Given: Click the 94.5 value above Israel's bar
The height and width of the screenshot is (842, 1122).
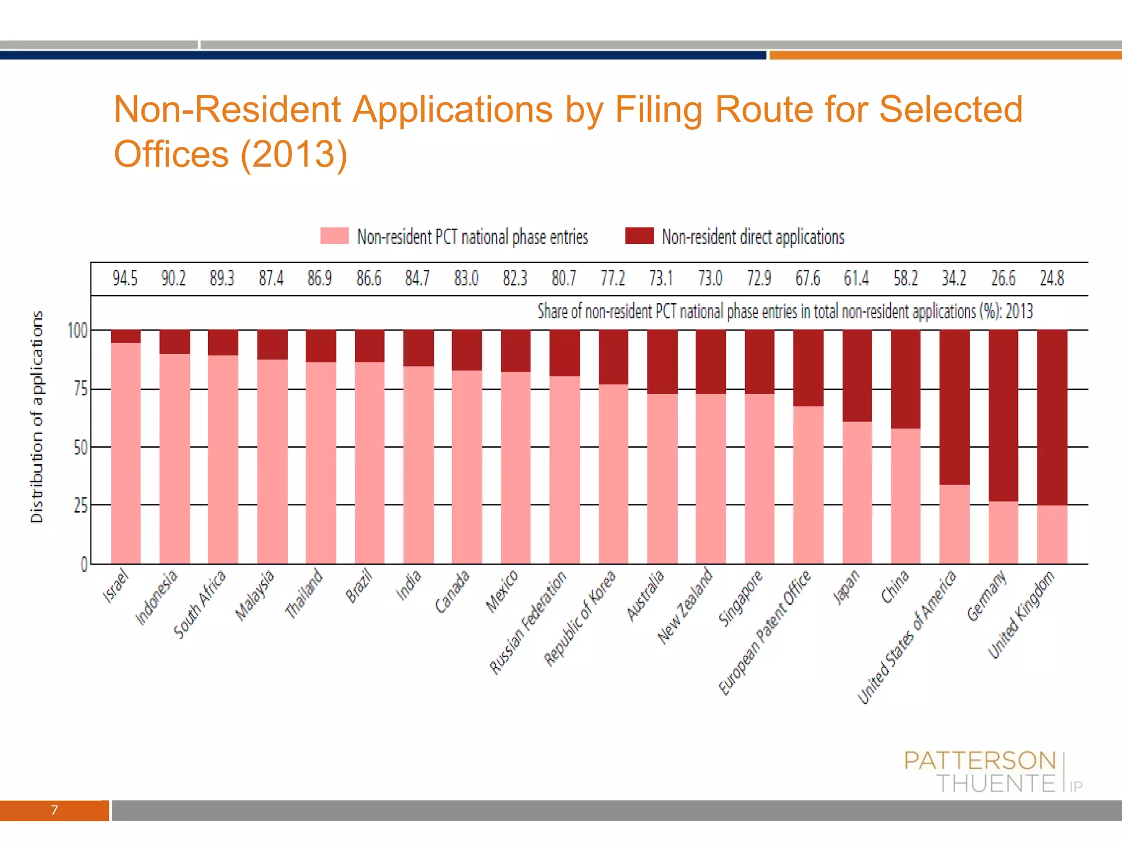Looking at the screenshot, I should pyautogui.click(x=125, y=278).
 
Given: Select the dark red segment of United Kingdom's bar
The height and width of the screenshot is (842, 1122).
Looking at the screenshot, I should pyautogui.click(x=1052, y=417).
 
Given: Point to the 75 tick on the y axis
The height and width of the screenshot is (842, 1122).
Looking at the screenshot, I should pyautogui.click(x=81, y=389).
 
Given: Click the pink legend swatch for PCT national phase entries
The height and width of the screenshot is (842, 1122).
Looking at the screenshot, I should pyautogui.click(x=334, y=236).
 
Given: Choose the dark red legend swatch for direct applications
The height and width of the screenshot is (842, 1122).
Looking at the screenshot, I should pyautogui.click(x=639, y=236).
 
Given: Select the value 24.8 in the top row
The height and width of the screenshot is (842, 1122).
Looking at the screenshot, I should pyautogui.click(x=1052, y=278).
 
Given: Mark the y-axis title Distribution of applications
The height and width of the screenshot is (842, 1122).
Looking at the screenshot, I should pyautogui.click(x=37, y=417).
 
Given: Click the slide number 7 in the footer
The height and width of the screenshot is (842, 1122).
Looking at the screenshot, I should pyautogui.click(x=54, y=810).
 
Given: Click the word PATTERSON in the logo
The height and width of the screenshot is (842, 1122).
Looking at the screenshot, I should pyautogui.click(x=980, y=761).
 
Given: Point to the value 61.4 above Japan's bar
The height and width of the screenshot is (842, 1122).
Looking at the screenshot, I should pyautogui.click(x=856, y=278).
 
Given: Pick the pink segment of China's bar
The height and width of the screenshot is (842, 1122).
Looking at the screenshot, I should pyautogui.click(x=906, y=496).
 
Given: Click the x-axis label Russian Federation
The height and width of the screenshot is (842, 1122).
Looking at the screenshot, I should pyautogui.click(x=528, y=623).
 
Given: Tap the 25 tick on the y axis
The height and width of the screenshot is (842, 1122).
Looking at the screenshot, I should pyautogui.click(x=81, y=505).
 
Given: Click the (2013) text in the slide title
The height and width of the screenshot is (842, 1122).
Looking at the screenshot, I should pyautogui.click(x=294, y=154).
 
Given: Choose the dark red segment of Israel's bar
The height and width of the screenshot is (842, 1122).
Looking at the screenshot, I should pyautogui.click(x=125, y=337).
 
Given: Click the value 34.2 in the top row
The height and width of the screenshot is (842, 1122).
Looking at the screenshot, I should pyautogui.click(x=954, y=278).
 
